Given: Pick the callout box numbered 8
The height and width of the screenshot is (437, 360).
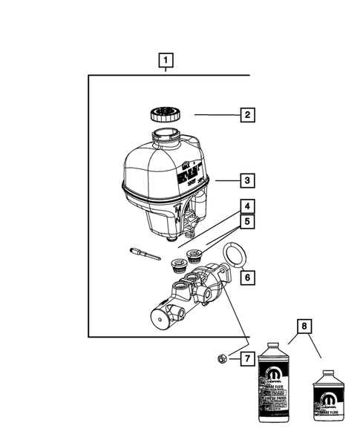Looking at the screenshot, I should point(303,326).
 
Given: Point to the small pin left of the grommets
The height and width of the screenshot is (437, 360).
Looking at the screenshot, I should point(143,253).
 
